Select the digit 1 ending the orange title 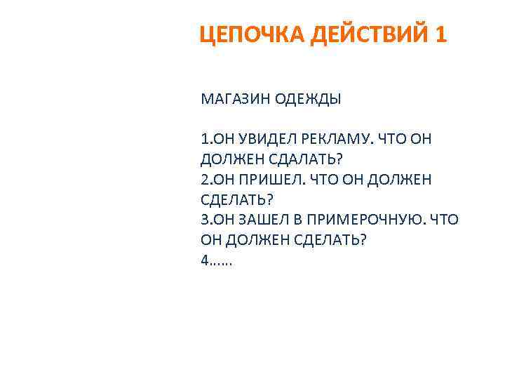[x=440, y=34]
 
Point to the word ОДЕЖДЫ [x=306, y=99]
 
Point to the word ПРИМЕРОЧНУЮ [x=362, y=220]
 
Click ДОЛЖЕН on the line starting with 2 [x=406, y=180]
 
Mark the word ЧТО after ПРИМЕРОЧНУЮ [x=443, y=220]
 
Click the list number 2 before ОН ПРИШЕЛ [x=204, y=180]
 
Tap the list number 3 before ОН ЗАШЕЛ [x=204, y=220]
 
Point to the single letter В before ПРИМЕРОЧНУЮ [x=295, y=220]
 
